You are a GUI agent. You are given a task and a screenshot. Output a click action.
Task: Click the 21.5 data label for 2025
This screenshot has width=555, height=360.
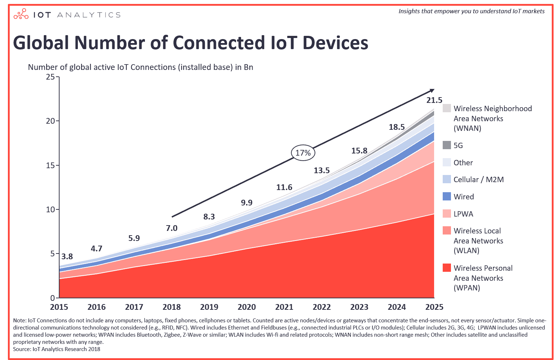[434, 100]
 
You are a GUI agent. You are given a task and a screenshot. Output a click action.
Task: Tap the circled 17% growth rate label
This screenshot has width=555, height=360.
[303, 153]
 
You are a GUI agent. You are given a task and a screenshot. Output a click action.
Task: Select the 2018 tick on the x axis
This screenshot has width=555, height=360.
[171, 307]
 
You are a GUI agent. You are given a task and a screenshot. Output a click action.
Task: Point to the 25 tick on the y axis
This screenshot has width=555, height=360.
[50, 77]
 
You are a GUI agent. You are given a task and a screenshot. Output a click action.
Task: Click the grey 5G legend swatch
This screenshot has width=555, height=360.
[447, 145]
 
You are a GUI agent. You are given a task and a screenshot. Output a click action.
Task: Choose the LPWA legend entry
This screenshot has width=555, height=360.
[463, 214]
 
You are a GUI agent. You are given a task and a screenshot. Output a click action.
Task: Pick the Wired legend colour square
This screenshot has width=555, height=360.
[447, 196]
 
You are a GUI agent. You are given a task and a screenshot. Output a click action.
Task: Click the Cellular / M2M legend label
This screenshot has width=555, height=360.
[478, 180]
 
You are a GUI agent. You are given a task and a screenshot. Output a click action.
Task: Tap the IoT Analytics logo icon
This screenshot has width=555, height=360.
[21, 14]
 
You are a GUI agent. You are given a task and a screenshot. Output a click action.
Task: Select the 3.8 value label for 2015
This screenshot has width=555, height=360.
[67, 256]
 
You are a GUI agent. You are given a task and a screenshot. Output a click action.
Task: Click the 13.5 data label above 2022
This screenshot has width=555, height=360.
[321, 170]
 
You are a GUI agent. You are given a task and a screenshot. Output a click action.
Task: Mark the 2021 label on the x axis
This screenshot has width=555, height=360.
[284, 307]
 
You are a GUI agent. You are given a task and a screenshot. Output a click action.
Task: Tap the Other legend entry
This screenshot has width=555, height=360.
[463, 163]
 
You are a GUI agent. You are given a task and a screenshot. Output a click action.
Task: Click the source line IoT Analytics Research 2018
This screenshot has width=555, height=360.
[57, 349]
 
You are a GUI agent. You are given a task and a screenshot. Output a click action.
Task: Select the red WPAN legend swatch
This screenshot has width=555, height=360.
[447, 268]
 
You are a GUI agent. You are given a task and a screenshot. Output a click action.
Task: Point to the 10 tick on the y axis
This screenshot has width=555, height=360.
[50, 209]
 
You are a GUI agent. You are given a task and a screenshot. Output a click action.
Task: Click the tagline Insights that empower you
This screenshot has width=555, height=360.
[471, 11]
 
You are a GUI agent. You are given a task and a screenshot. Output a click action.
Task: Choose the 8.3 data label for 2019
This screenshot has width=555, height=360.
[209, 217]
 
